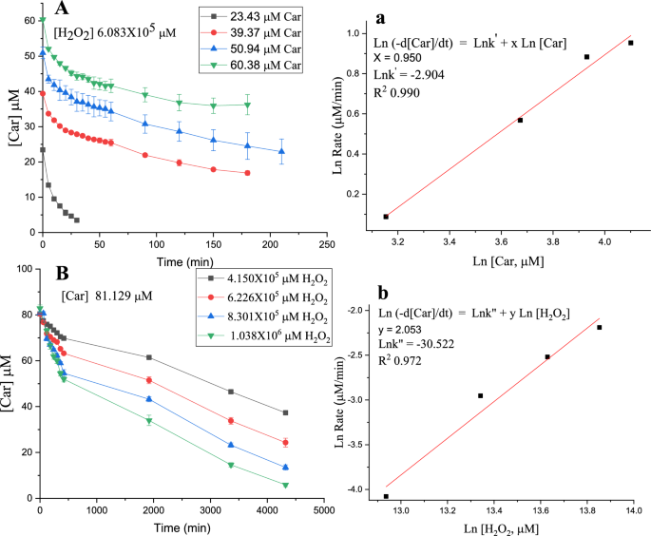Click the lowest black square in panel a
(x=385, y=217)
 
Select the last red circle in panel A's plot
(x=247, y=173)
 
